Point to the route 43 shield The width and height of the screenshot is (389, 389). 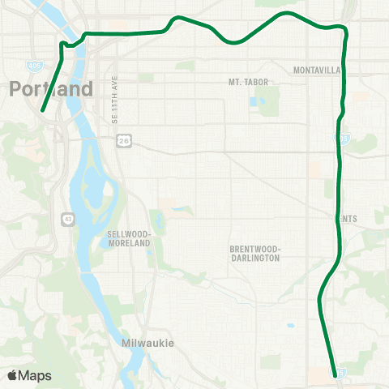pyautogui.click(x=66, y=218)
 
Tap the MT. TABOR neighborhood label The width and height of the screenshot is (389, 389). pyautogui.click(x=247, y=82)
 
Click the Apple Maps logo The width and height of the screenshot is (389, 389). pyautogui.click(x=29, y=375)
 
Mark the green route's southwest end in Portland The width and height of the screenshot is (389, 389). pyautogui.click(x=41, y=111)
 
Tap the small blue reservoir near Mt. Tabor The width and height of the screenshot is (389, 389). pyautogui.click(x=257, y=103)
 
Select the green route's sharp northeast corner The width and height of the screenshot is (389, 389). pyautogui.click(x=345, y=29)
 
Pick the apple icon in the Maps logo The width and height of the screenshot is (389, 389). pyautogui.click(x=13, y=374)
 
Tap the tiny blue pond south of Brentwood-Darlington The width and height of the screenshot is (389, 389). pyautogui.click(x=289, y=327)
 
